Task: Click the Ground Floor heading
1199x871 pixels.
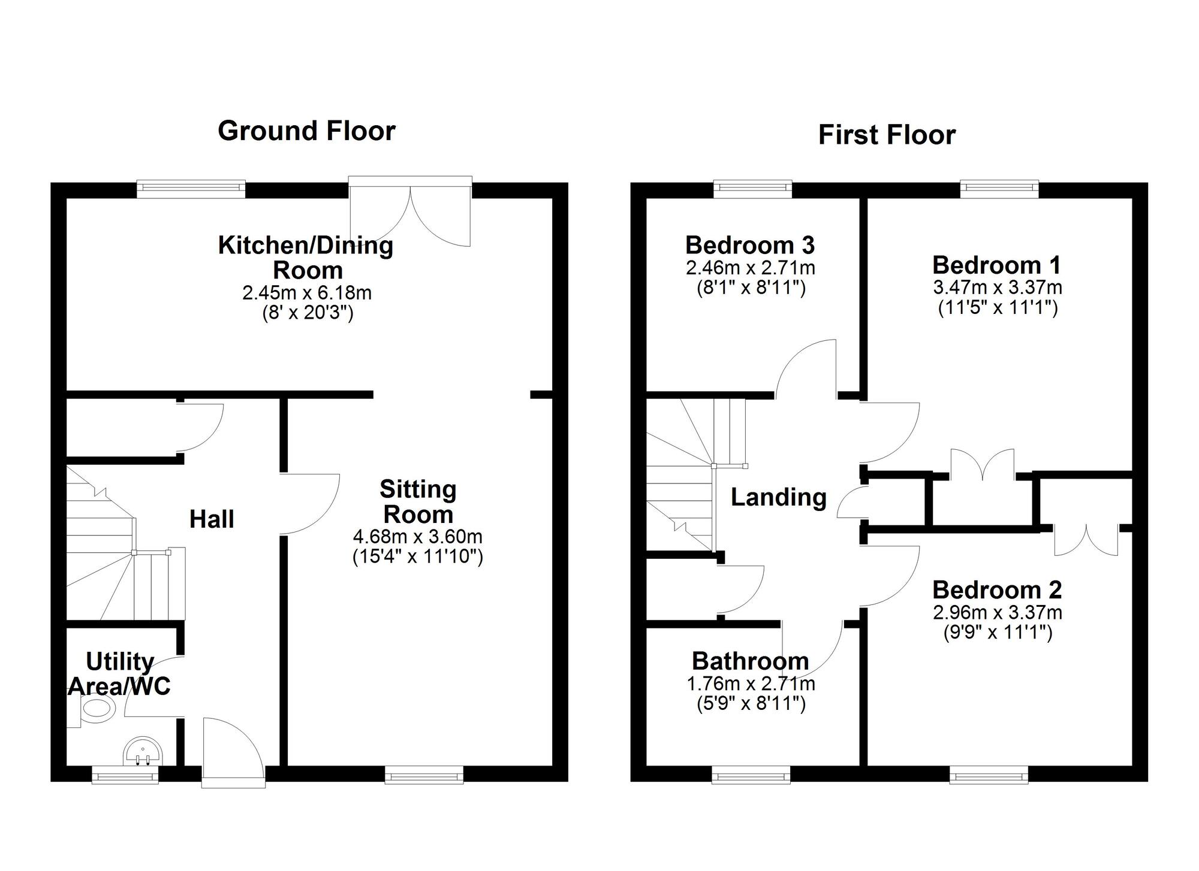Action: click(x=306, y=131)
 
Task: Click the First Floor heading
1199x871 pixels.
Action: click(x=887, y=135)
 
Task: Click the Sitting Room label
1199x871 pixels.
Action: click(x=418, y=502)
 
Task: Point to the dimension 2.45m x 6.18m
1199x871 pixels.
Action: click(x=307, y=293)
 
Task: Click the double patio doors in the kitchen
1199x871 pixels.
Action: click(x=410, y=213)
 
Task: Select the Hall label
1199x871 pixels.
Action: click(x=212, y=519)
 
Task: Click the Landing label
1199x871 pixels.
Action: click(x=778, y=497)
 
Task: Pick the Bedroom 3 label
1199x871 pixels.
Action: click(x=750, y=245)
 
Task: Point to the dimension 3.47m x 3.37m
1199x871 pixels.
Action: click(x=998, y=288)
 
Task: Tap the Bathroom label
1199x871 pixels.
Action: click(x=750, y=661)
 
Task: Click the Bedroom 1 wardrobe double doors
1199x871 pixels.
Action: click(x=982, y=466)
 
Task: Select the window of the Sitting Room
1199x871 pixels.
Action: click(x=424, y=777)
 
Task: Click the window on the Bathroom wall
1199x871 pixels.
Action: click(x=751, y=777)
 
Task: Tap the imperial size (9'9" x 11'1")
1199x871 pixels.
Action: click(x=998, y=633)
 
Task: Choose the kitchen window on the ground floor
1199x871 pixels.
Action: click(x=191, y=189)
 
